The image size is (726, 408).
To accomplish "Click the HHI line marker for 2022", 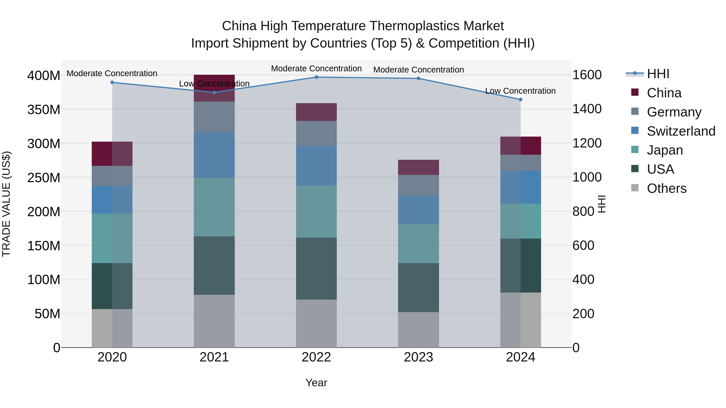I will tap(316, 77).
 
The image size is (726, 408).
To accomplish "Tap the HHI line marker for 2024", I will tap(521, 99).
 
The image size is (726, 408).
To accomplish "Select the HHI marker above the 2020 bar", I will tap(112, 82).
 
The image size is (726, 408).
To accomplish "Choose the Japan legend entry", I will tap(664, 150).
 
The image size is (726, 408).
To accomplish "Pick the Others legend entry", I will tap(666, 188).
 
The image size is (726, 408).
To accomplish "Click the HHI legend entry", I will tap(658, 74).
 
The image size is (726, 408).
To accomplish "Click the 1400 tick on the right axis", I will tap(587, 109).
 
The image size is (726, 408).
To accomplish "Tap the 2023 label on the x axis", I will tap(418, 357).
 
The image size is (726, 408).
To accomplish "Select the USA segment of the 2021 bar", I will tap(214, 266).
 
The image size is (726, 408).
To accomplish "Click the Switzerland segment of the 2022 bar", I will tap(316, 166).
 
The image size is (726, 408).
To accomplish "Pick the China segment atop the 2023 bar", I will tap(418, 167).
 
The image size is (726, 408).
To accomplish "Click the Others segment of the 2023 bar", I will tap(418, 329).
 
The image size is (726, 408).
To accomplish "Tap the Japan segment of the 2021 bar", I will tap(214, 207).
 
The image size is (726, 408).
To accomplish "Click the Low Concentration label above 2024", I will tap(520, 91).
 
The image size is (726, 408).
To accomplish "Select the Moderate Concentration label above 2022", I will tap(316, 69).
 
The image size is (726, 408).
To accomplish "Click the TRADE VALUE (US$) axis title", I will tap(6, 204).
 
